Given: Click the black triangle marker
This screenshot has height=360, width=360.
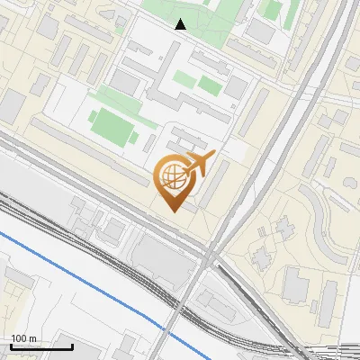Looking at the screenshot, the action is click(x=181, y=24).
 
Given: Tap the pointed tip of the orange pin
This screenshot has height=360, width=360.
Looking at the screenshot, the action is click(x=177, y=211).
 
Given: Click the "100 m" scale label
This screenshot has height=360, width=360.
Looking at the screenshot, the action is click(x=23, y=337).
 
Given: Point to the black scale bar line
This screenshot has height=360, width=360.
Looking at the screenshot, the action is click(x=40, y=346).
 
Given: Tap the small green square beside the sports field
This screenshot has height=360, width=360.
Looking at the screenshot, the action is click(x=149, y=141).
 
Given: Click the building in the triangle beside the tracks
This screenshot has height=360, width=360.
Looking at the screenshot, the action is click(x=214, y=297).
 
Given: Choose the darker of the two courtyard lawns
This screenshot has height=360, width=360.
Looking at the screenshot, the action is click(x=209, y=85).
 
